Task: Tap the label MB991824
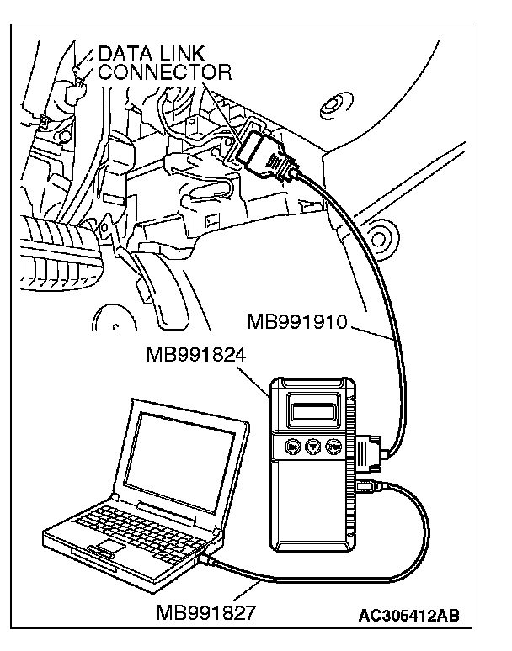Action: [195, 353]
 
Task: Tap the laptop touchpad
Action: [107, 550]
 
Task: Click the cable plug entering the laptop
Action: [208, 558]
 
